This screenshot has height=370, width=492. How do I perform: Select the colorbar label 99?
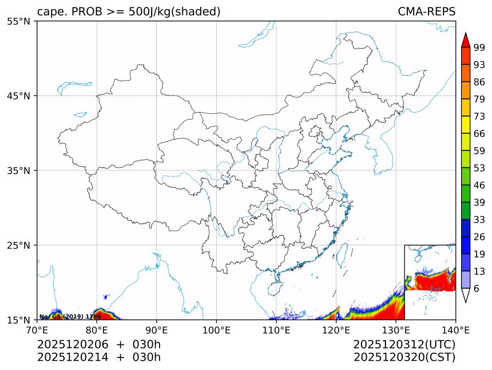coord(479,48)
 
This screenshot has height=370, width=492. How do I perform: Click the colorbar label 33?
coord(479,220)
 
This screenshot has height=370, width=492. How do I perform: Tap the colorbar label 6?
coord(477,289)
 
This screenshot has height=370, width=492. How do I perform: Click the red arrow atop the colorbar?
coord(466,40)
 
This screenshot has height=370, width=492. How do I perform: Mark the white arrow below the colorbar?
coord(466,295)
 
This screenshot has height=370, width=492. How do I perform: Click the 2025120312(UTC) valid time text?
coord(404,344)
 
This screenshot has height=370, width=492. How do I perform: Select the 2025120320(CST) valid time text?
coord(404,357)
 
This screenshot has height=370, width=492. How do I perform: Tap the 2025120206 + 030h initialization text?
coord(99,344)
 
